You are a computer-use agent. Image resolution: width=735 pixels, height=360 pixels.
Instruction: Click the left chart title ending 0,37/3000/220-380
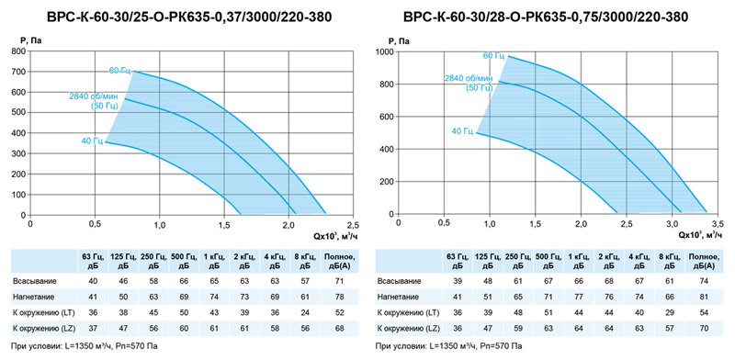coord(189,17)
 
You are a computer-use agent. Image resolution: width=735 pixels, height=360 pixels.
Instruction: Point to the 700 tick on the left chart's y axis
coord(19,72)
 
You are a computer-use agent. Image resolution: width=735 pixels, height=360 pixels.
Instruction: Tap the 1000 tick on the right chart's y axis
coord(385,51)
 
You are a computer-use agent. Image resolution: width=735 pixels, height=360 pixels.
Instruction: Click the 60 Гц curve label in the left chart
coord(120,71)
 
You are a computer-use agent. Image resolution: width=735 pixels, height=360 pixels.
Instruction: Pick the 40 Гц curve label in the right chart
coord(463,131)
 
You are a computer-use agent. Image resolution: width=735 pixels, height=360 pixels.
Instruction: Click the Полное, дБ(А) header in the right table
coord(703,261)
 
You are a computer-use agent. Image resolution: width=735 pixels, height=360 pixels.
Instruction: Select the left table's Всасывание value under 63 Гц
coord(93,281)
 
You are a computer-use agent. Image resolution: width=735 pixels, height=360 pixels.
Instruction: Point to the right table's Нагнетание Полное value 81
coord(703,297)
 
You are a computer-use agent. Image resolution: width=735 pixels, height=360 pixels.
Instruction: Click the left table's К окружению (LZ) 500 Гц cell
coord(184,327)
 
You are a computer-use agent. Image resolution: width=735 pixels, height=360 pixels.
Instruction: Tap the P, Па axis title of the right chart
coord(399,41)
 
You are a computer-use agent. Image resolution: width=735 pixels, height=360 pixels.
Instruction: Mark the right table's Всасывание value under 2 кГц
coord(609,281)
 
